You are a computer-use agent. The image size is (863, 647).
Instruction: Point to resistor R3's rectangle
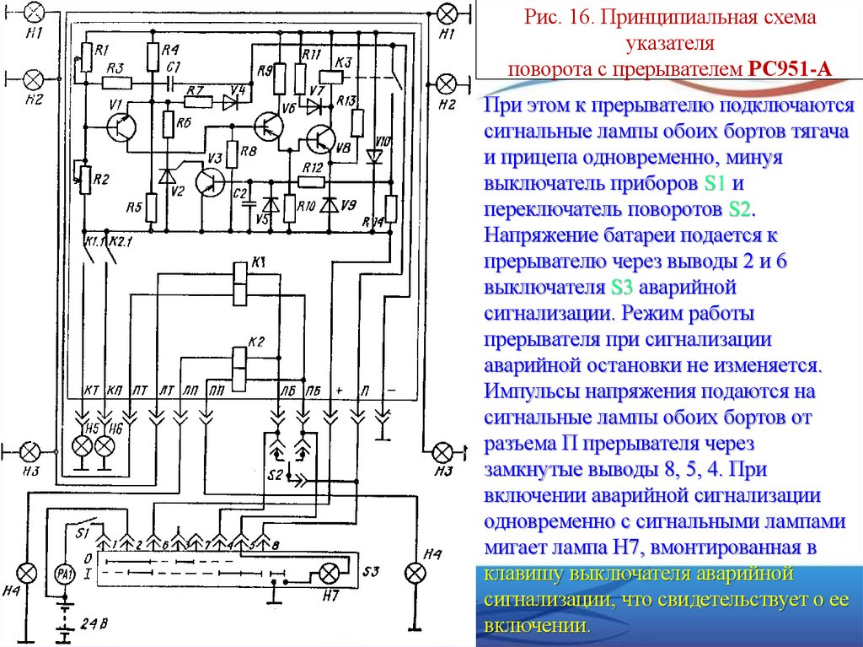tap(117, 83)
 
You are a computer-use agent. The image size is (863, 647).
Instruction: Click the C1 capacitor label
tap(174, 67)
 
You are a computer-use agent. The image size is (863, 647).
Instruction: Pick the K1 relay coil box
tap(240, 281)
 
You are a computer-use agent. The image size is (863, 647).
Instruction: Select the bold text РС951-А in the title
tap(789, 68)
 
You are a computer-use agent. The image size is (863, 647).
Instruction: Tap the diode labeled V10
tap(373, 156)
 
